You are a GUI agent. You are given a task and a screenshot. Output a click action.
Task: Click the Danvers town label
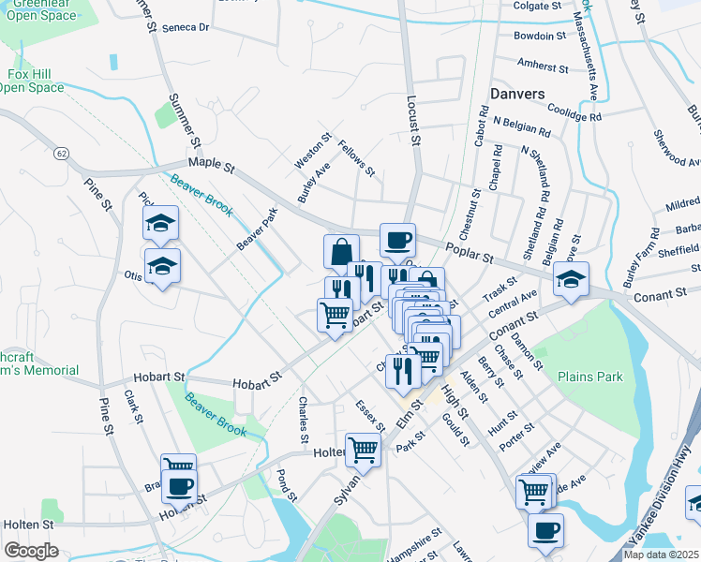[x=516, y=94]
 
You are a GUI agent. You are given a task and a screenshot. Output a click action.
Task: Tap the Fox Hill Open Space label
[x=32, y=81]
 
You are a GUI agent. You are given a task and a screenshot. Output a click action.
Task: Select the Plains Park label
[x=590, y=377]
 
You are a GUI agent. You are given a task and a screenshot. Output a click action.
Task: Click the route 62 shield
[x=62, y=153]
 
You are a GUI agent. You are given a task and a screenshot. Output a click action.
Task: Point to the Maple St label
[x=211, y=164]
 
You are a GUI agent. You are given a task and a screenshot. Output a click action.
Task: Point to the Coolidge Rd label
[x=574, y=113]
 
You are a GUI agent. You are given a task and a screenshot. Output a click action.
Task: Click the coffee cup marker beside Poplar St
[x=397, y=241]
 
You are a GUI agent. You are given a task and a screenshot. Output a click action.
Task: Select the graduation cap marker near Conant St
[x=572, y=278]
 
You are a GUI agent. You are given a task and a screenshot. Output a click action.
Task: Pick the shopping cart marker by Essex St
[x=364, y=449]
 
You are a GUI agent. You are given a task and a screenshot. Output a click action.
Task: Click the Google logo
[x=31, y=551]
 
